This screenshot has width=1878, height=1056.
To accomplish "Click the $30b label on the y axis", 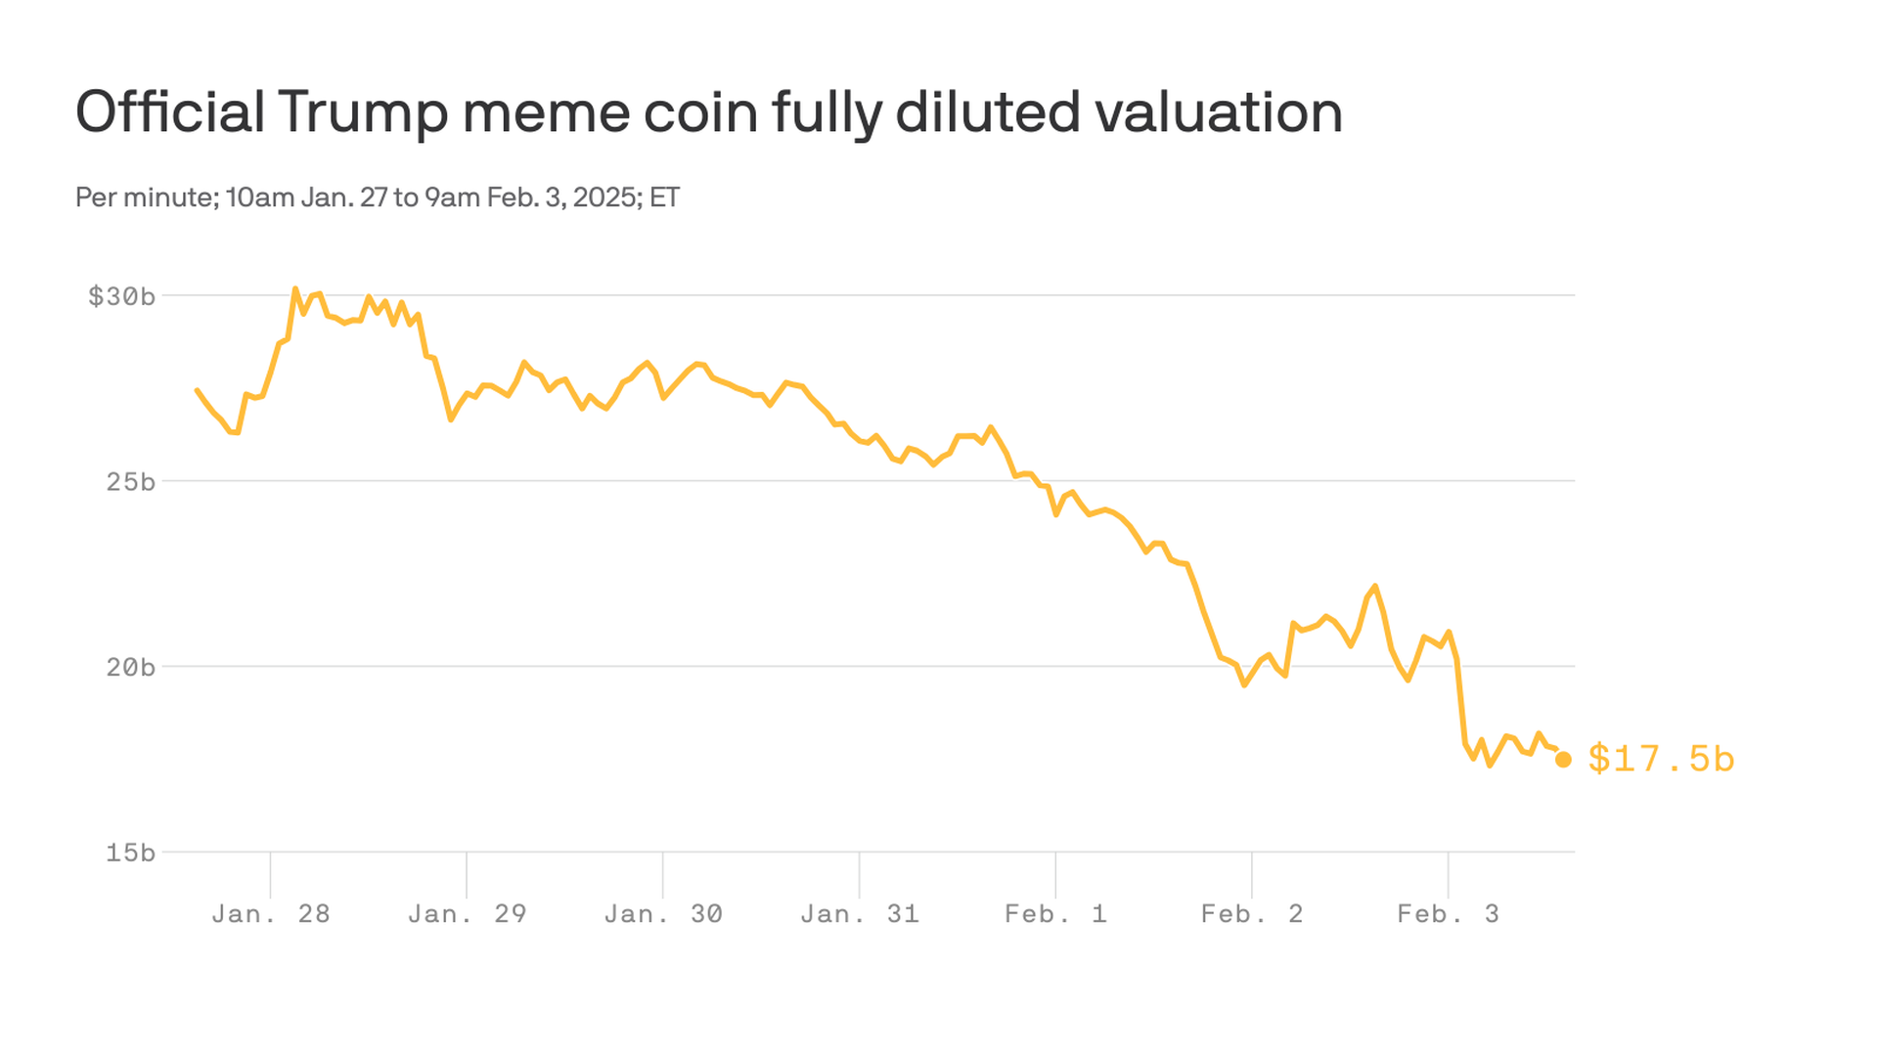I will click(121, 296).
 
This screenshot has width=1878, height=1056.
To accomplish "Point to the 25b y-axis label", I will click(130, 482).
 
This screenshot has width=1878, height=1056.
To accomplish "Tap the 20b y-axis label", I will click(130, 668).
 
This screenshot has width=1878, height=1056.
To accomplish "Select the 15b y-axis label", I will click(130, 854).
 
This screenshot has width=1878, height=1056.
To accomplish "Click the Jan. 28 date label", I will click(271, 914).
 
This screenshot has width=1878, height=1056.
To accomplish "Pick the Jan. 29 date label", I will click(467, 914).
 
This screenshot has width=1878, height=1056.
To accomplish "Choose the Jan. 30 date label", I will click(663, 914).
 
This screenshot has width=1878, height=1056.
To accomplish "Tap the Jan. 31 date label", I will click(860, 914).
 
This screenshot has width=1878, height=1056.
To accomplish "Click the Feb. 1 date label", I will click(1055, 914).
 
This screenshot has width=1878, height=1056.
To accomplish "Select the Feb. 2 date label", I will click(1252, 914).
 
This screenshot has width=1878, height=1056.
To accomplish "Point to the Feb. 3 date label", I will click(1448, 914).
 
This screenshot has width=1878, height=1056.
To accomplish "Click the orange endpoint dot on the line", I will click(1563, 760).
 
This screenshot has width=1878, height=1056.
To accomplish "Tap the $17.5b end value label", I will click(1661, 760).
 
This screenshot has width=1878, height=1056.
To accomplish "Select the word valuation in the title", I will click(1219, 112).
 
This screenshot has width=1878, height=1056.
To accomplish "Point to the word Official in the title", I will click(170, 112).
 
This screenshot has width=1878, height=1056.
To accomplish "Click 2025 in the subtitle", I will click(604, 198).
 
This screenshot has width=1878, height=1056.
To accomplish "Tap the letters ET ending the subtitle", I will click(664, 198).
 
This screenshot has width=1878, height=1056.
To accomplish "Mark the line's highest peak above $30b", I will click(295, 289).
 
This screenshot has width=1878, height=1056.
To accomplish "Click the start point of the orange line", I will click(198, 390).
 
